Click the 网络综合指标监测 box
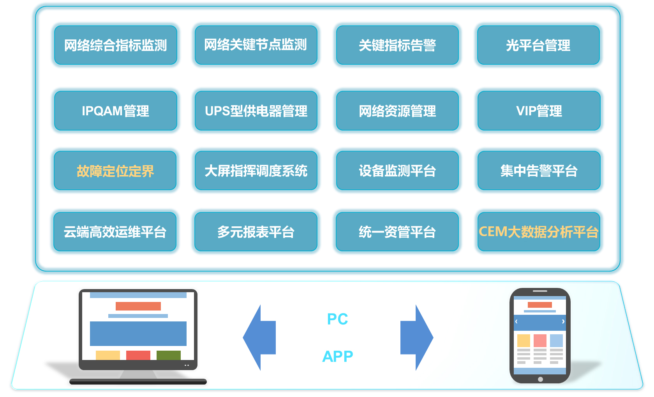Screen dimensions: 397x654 click(x=116, y=45)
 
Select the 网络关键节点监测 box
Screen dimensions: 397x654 click(x=256, y=45)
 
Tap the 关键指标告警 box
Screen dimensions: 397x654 click(x=397, y=45)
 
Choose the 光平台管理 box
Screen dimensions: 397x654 click(x=538, y=45)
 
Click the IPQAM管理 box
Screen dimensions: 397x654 click(x=116, y=111)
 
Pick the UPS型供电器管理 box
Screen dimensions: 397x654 click(x=256, y=111)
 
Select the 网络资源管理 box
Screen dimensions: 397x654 click(x=397, y=111)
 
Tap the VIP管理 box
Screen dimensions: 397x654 click(x=539, y=111)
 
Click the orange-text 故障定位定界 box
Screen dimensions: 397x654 click(x=115, y=171)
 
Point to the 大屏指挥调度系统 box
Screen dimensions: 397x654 click(x=256, y=171)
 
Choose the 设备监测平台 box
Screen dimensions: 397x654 click(x=397, y=171)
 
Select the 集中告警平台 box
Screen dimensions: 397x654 click(x=539, y=171)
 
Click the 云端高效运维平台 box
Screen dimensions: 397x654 click(x=115, y=232)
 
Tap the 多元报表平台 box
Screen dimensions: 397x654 click(x=256, y=232)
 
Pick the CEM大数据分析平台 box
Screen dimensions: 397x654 click(x=539, y=232)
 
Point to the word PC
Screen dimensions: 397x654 click(x=337, y=319)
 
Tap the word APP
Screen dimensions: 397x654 click(x=337, y=356)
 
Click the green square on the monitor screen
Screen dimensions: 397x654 click(x=168, y=355)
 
